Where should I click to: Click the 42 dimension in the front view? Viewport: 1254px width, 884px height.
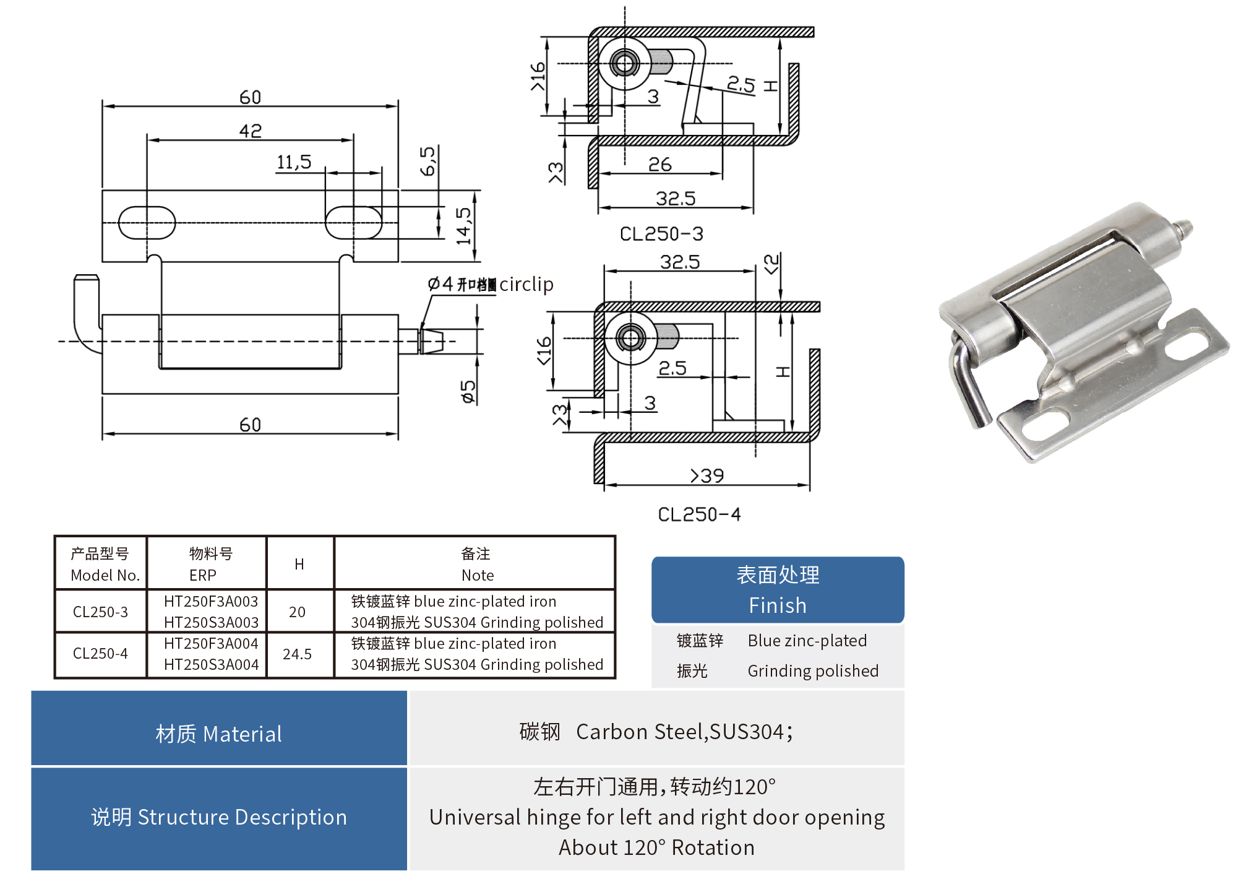(251, 131)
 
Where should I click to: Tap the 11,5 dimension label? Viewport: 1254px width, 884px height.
(294, 162)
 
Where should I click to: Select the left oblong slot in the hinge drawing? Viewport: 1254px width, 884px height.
(147, 222)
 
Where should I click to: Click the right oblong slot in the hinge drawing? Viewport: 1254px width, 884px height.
(353, 222)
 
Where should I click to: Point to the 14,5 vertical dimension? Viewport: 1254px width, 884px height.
(463, 226)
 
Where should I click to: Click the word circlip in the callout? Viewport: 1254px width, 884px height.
(526, 284)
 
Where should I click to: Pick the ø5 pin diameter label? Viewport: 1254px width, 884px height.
(468, 391)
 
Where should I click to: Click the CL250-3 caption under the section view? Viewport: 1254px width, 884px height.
(661, 234)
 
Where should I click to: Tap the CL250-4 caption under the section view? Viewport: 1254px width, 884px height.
(699, 514)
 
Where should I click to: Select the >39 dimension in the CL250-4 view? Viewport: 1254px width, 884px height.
(707, 475)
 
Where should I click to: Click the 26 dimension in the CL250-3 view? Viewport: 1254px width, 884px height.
(660, 164)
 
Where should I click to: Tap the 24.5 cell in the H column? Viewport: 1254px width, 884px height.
(298, 654)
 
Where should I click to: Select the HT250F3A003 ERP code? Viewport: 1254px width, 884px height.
(211, 602)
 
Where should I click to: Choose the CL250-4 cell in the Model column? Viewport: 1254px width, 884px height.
(100, 654)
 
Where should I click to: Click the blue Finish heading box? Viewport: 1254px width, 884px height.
(778, 590)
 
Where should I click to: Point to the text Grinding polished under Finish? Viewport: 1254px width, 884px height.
(813, 671)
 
